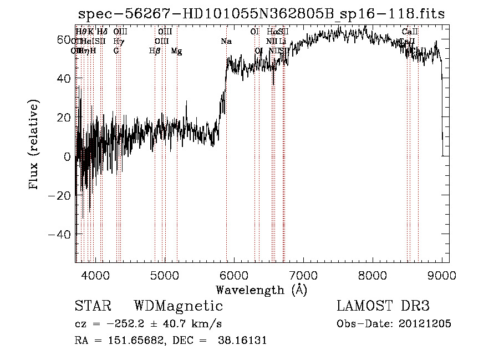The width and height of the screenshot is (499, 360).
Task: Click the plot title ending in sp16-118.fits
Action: (x=261, y=14)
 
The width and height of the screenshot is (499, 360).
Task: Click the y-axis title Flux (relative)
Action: (x=34, y=145)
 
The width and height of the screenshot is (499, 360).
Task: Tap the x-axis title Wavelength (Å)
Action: (x=261, y=290)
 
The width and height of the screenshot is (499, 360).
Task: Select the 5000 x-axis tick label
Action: (x=165, y=275)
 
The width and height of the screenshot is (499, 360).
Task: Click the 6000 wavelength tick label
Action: (x=234, y=275)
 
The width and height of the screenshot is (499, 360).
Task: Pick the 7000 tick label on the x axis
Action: (x=303, y=275)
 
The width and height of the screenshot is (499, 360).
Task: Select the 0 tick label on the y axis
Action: (x=68, y=157)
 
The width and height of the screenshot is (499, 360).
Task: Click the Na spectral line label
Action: (x=226, y=42)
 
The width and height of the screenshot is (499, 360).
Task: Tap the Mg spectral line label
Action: (x=176, y=51)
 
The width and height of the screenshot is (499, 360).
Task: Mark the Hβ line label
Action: (x=155, y=51)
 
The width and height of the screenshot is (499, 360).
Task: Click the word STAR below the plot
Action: (x=93, y=306)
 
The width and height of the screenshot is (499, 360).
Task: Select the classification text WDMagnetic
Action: (x=179, y=306)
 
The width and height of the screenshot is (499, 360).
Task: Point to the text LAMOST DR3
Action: (x=383, y=306)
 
